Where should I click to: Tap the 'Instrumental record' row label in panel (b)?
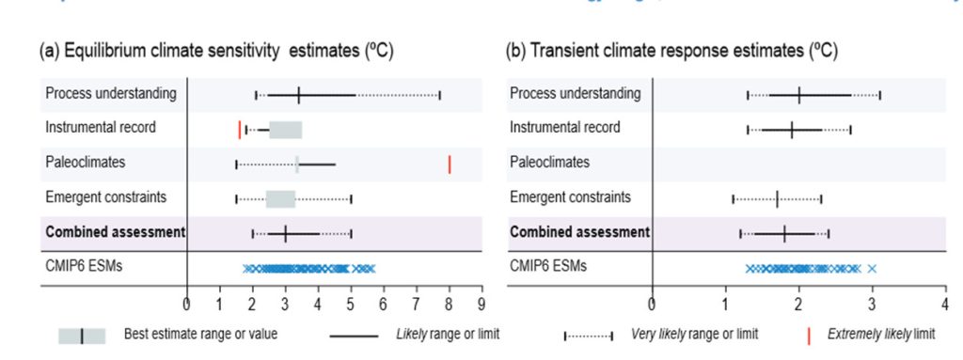565,128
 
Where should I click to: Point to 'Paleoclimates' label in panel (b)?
550,163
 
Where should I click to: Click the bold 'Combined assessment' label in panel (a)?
116,231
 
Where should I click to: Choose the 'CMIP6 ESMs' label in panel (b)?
547,266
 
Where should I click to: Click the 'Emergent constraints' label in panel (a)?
106,197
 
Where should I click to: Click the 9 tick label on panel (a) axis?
481,305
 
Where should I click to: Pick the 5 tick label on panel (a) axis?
351,305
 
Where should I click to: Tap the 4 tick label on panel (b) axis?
944,305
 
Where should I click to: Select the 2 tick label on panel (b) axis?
797,305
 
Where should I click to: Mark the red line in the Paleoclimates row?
450,164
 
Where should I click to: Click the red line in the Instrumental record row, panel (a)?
240,129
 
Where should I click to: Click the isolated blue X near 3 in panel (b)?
872,269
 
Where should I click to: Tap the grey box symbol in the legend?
81,336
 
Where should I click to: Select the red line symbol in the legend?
809,336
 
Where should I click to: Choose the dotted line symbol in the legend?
588,336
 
